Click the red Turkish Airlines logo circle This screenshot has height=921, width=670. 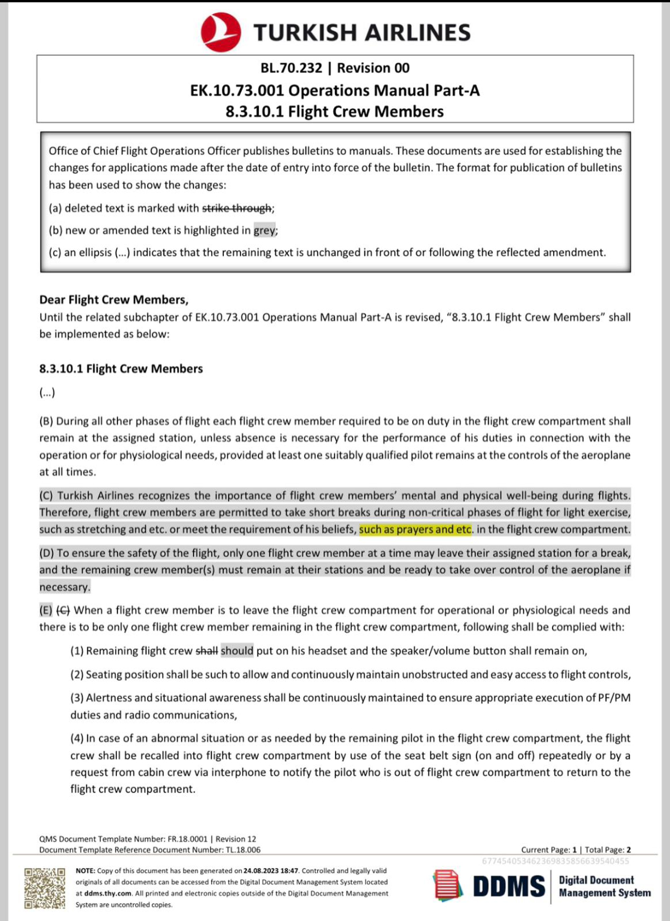click(221, 32)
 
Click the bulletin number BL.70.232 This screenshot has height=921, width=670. click(291, 68)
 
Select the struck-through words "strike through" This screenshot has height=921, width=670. click(237, 208)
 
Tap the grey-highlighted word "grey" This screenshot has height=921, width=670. click(265, 230)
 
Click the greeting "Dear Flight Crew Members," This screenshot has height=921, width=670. click(113, 300)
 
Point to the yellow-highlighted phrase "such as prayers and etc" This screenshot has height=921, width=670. click(415, 529)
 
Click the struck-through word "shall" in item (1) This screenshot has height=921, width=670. click(207, 651)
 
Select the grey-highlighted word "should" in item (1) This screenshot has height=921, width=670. click(237, 651)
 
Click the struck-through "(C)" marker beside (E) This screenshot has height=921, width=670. click(63, 610)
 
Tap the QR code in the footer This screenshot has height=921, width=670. click(45, 888)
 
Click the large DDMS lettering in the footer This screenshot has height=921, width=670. click(509, 886)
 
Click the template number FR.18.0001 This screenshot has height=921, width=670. click(187, 839)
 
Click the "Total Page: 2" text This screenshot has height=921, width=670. click(607, 850)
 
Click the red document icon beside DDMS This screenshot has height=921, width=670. click(448, 886)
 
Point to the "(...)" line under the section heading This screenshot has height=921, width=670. click(47, 393)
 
